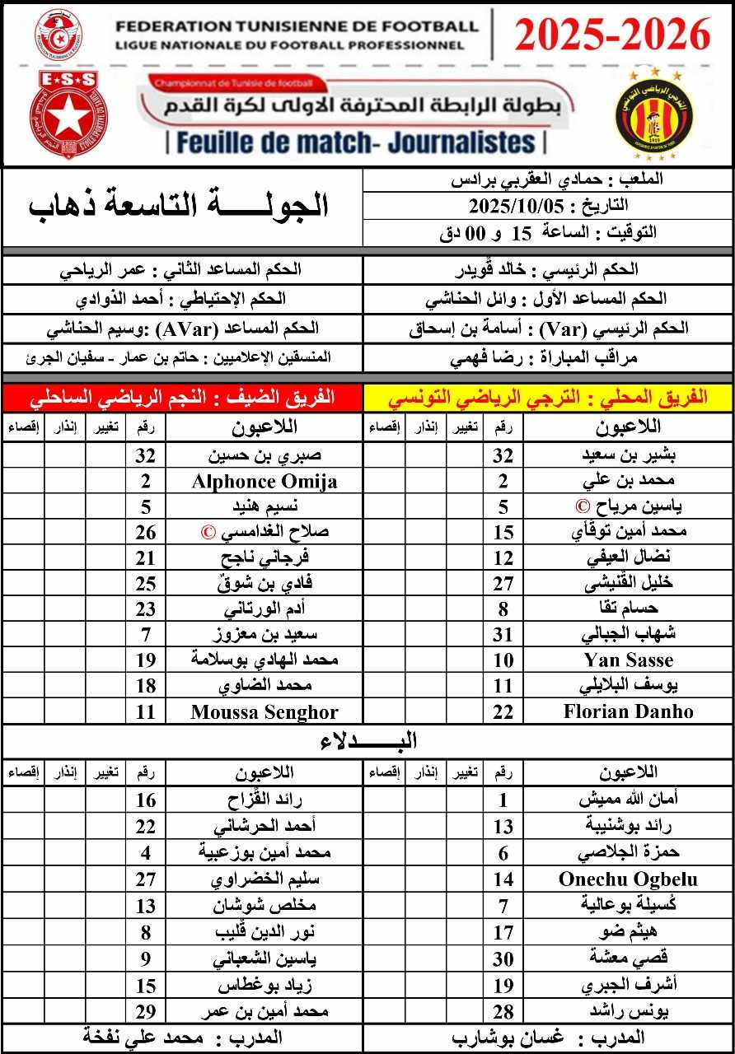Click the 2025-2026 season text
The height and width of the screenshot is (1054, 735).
pos(612,35)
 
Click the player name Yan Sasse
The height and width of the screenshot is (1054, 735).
pos(628,660)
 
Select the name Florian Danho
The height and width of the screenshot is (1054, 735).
pos(628,711)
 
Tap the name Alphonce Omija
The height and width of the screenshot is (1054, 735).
pos(264,482)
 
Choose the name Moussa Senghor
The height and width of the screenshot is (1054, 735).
pos(264,711)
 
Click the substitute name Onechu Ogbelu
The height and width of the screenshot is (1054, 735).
pos(628,879)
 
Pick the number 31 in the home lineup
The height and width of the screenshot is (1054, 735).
pos(503,635)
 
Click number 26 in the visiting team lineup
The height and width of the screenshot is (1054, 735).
pos(146,533)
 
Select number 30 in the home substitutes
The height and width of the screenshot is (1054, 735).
pos(503,959)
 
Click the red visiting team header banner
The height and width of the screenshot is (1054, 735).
pos(183,397)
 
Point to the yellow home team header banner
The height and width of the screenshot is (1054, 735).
pos(548,397)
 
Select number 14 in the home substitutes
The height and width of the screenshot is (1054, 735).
pos(503,879)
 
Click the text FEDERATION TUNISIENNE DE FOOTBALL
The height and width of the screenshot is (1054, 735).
pos(297,26)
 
